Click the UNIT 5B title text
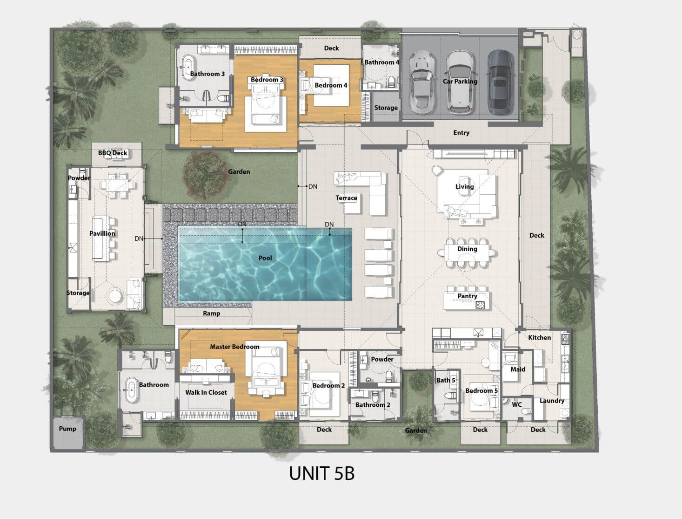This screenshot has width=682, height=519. click(x=321, y=473)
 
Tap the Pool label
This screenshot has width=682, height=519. click(x=265, y=258)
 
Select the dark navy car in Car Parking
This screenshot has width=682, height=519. click(x=500, y=82)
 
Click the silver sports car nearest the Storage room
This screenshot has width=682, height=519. click(x=422, y=82)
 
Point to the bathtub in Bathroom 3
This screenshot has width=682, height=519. click(x=188, y=68)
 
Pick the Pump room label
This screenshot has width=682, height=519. click(x=67, y=429)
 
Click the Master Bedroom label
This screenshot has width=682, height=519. click(x=234, y=347)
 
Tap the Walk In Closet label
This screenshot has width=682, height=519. click(x=206, y=392)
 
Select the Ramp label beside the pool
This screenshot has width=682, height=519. click(x=212, y=314)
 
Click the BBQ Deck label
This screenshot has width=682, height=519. click(x=113, y=153)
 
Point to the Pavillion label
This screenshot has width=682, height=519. click(x=102, y=233)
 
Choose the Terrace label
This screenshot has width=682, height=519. click(x=346, y=198)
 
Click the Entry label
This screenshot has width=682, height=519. click(x=461, y=133)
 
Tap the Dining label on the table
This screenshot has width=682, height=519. click(x=467, y=249)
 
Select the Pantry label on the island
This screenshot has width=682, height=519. click(x=467, y=296)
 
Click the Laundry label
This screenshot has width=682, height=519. click(x=552, y=401)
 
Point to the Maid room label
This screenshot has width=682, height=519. click(x=518, y=369)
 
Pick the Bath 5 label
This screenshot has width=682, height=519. click(x=446, y=380)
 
